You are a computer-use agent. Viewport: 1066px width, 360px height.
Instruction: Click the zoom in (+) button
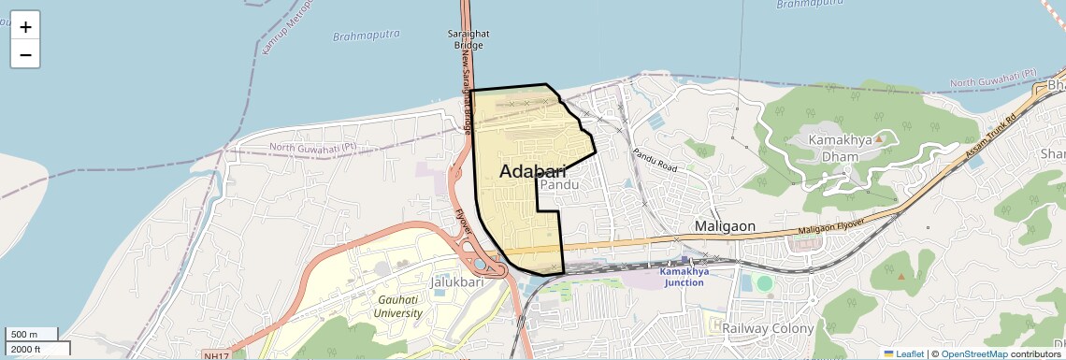click(25, 26)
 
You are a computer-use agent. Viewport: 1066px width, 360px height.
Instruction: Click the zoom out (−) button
click(25, 55)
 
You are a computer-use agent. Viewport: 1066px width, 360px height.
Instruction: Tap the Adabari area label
click(533, 171)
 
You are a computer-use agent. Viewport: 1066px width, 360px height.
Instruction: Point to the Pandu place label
click(560, 185)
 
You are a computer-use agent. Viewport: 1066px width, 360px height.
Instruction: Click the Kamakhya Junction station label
click(684, 277)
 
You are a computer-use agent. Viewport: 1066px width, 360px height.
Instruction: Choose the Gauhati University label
click(398, 306)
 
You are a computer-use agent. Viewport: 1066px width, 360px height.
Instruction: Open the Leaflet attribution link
click(904, 353)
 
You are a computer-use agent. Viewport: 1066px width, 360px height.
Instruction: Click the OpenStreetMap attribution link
click(973, 353)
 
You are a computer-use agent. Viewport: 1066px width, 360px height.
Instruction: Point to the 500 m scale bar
click(32, 334)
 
